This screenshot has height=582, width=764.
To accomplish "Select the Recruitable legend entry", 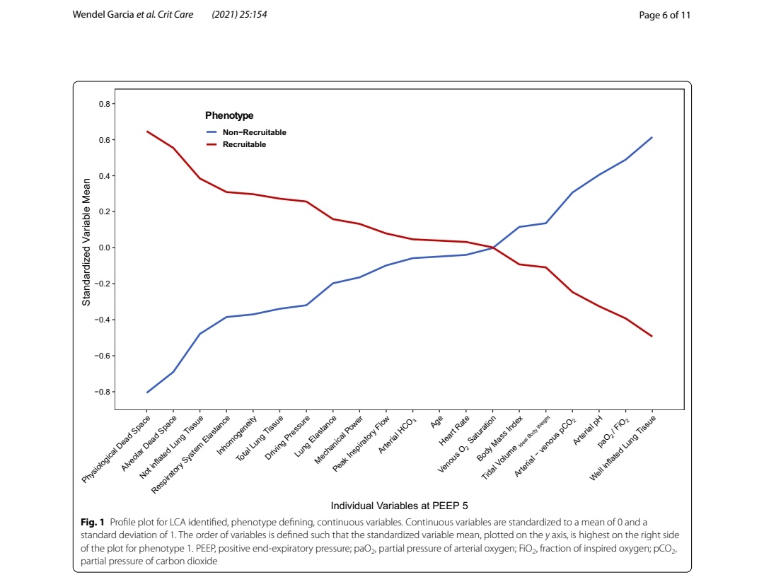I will [244, 144].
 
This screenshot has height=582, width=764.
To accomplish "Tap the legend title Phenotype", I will [229, 115].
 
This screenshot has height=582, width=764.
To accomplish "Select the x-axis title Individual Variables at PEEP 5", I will [399, 506].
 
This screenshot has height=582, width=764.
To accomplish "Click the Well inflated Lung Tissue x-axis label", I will [623, 448].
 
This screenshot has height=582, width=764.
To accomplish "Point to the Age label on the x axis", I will [436, 422].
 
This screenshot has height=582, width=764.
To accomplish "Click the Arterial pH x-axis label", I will [586, 430].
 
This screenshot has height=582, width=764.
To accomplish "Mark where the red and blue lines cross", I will [493, 248].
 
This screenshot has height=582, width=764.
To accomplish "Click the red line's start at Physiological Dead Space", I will [147, 132].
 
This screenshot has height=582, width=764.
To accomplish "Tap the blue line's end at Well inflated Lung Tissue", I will [652, 137].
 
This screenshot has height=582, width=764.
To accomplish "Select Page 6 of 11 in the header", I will [664, 15].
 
